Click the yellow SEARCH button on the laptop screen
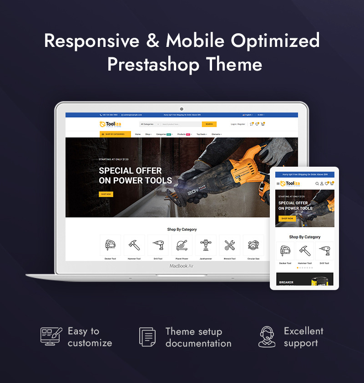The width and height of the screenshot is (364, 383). [x=209, y=124]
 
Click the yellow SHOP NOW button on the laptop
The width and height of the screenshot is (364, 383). [x=106, y=194]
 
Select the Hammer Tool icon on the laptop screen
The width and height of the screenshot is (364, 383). [x=134, y=245]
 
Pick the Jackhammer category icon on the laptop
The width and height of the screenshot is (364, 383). [x=206, y=245]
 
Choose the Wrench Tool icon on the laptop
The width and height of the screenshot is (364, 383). [x=230, y=245]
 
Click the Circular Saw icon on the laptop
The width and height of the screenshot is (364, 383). [x=253, y=245]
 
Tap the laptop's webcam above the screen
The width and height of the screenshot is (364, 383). [x=182, y=109]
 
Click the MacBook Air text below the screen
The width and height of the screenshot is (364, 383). [x=182, y=266]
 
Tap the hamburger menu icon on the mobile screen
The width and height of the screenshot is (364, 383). [x=278, y=184]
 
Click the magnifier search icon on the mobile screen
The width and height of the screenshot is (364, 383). [x=317, y=184]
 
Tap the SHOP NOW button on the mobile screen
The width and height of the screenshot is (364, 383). [x=287, y=219]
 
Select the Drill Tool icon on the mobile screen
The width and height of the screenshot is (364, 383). [x=324, y=251]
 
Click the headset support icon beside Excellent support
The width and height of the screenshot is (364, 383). [x=267, y=337]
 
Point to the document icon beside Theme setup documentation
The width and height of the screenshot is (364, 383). [x=147, y=337]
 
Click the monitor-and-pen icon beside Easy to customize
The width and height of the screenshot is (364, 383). [x=51, y=336]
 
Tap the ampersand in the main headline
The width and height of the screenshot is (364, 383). [x=152, y=41]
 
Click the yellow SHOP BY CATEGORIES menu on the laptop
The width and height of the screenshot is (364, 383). [x=115, y=134]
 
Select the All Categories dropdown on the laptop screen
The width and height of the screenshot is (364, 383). [x=150, y=124]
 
